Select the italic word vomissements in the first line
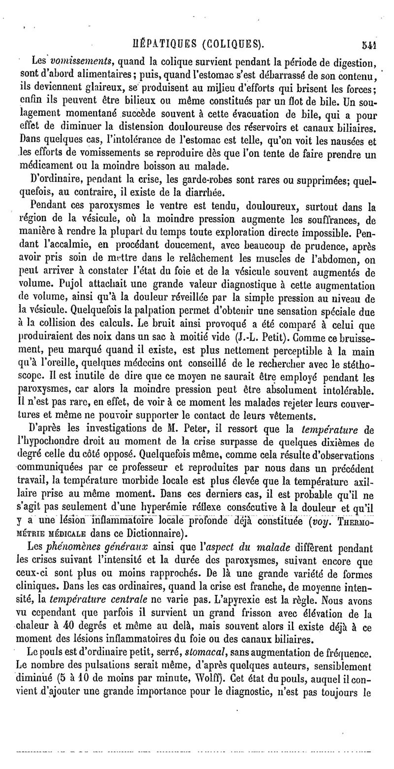coord(75,63)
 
